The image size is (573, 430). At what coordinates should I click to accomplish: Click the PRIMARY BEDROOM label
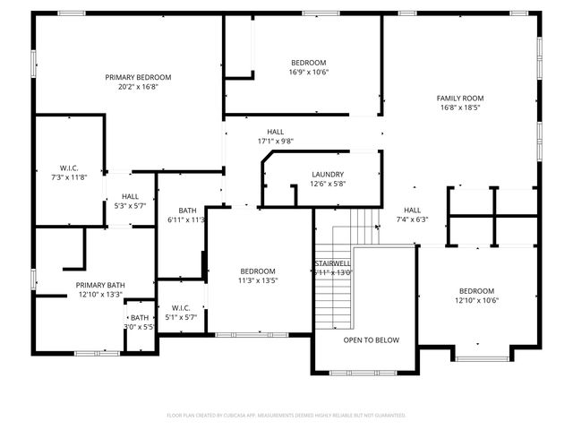(x=138, y=78)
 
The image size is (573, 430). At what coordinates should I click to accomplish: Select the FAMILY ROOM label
(x=460, y=98)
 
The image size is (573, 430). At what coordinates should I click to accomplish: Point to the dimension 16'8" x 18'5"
(x=460, y=107)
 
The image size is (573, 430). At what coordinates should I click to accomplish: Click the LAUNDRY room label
(x=328, y=175)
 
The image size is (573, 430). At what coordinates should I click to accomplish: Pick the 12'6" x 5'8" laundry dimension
(x=328, y=185)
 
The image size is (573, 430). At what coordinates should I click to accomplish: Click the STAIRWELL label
(x=333, y=263)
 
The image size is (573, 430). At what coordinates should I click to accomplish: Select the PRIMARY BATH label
(x=100, y=285)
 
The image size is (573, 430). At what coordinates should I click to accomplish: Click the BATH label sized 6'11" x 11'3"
(x=187, y=211)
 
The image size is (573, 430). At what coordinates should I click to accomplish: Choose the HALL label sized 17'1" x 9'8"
(x=275, y=132)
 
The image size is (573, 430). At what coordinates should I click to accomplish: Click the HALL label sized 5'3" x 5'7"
(x=130, y=196)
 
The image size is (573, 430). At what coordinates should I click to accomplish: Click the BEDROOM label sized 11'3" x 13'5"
(x=257, y=271)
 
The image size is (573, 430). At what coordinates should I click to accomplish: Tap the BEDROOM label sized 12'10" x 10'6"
(x=476, y=291)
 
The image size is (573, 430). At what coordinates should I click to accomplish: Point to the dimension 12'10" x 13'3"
(x=100, y=295)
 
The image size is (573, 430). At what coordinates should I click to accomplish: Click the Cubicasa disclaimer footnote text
(x=286, y=416)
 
